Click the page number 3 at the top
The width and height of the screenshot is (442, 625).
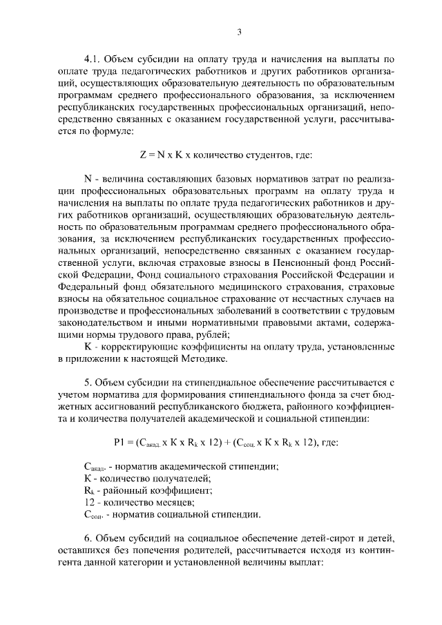[239, 31]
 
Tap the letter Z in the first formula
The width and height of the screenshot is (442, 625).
[143, 157]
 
